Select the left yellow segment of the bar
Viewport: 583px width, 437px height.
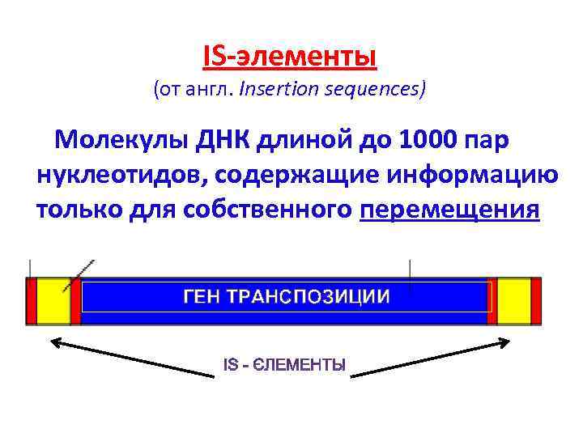tap(53, 301)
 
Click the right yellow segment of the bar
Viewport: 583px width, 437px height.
tap(513, 301)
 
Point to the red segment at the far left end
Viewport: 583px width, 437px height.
tap(32, 301)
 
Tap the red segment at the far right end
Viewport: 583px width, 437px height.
tap(535, 301)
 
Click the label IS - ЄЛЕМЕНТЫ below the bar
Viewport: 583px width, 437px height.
tap(284, 366)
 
